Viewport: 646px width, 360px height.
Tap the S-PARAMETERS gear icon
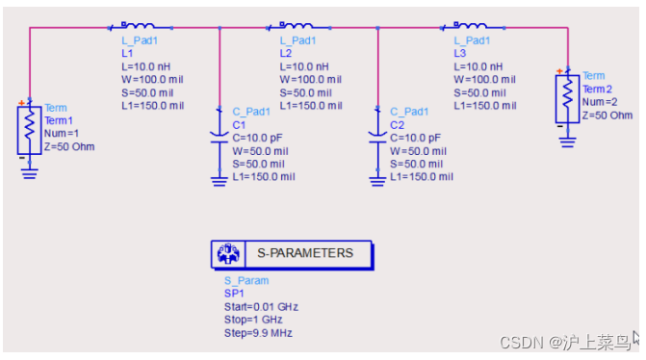pos(228,254)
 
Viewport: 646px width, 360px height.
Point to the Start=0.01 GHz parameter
pos(254,307)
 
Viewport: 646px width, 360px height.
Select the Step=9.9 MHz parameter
pos(250,333)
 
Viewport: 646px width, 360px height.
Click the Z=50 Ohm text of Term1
pos(69,146)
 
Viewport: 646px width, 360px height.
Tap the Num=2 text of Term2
pos(600,102)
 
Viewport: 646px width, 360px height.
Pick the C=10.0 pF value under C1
pos(258,138)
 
